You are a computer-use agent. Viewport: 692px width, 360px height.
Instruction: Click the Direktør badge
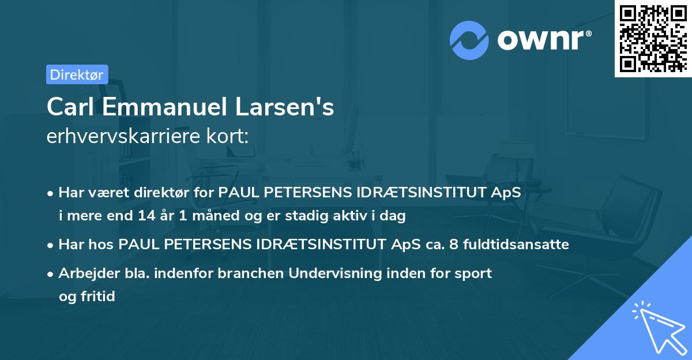tap(77, 74)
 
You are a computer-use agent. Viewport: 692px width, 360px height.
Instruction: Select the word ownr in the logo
tap(543, 40)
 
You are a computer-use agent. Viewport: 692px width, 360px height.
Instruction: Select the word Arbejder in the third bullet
tap(85, 273)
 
